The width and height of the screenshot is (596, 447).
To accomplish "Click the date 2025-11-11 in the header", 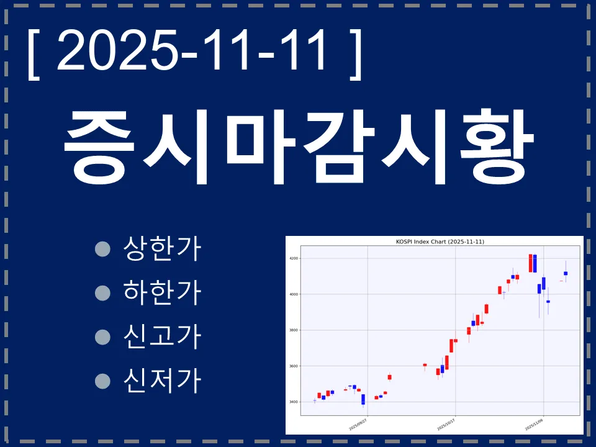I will [192, 52].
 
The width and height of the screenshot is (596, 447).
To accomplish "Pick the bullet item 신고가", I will [163, 336].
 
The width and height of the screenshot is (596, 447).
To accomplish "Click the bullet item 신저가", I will [163, 379].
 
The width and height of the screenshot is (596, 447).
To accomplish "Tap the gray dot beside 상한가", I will [102, 250].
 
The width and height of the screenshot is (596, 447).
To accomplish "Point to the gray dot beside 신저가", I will [102, 380].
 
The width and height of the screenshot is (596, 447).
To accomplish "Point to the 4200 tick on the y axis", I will [293, 258].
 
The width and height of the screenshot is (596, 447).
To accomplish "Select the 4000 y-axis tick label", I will [293, 294].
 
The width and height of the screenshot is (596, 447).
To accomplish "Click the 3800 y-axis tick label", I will [293, 330].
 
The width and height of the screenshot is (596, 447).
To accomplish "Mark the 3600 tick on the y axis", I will [293, 366].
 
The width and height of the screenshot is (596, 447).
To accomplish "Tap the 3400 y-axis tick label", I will [293, 402].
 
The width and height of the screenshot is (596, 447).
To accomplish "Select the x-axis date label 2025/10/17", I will [446, 424].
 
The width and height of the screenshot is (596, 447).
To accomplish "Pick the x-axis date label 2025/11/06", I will [534, 424].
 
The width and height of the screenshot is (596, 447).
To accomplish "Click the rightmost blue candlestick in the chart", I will [566, 273].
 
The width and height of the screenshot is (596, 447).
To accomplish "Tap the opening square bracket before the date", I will [32, 53].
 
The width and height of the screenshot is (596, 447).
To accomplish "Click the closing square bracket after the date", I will [355, 53].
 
